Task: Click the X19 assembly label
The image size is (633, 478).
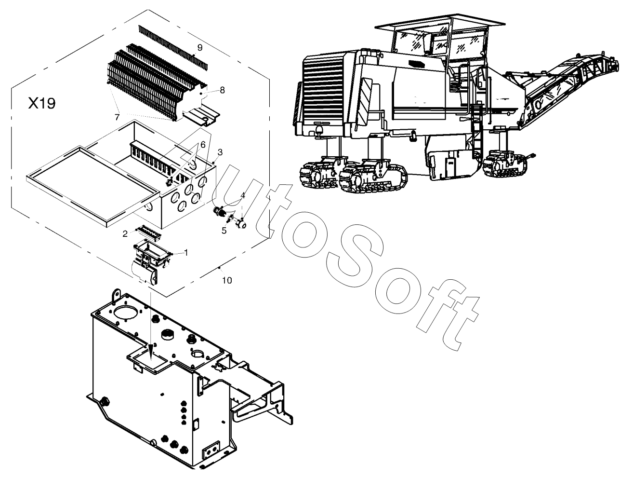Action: [x=42, y=103]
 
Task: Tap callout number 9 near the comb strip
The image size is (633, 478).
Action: [x=199, y=48]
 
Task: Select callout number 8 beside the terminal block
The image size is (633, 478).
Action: [x=222, y=90]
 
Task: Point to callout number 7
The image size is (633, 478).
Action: [x=117, y=117]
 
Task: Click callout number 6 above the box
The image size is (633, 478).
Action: [x=203, y=145]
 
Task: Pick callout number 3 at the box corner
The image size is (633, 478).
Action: [x=220, y=152]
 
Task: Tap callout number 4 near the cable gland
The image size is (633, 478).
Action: [x=242, y=195]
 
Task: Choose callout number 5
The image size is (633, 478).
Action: [x=224, y=231]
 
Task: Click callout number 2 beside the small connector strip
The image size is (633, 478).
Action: [x=125, y=234]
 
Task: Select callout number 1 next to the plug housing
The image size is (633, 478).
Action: [x=186, y=253]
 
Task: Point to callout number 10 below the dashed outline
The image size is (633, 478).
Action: [x=227, y=280]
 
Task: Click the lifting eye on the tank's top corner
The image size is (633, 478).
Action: [x=116, y=295]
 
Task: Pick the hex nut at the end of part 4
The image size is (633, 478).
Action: [x=240, y=223]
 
